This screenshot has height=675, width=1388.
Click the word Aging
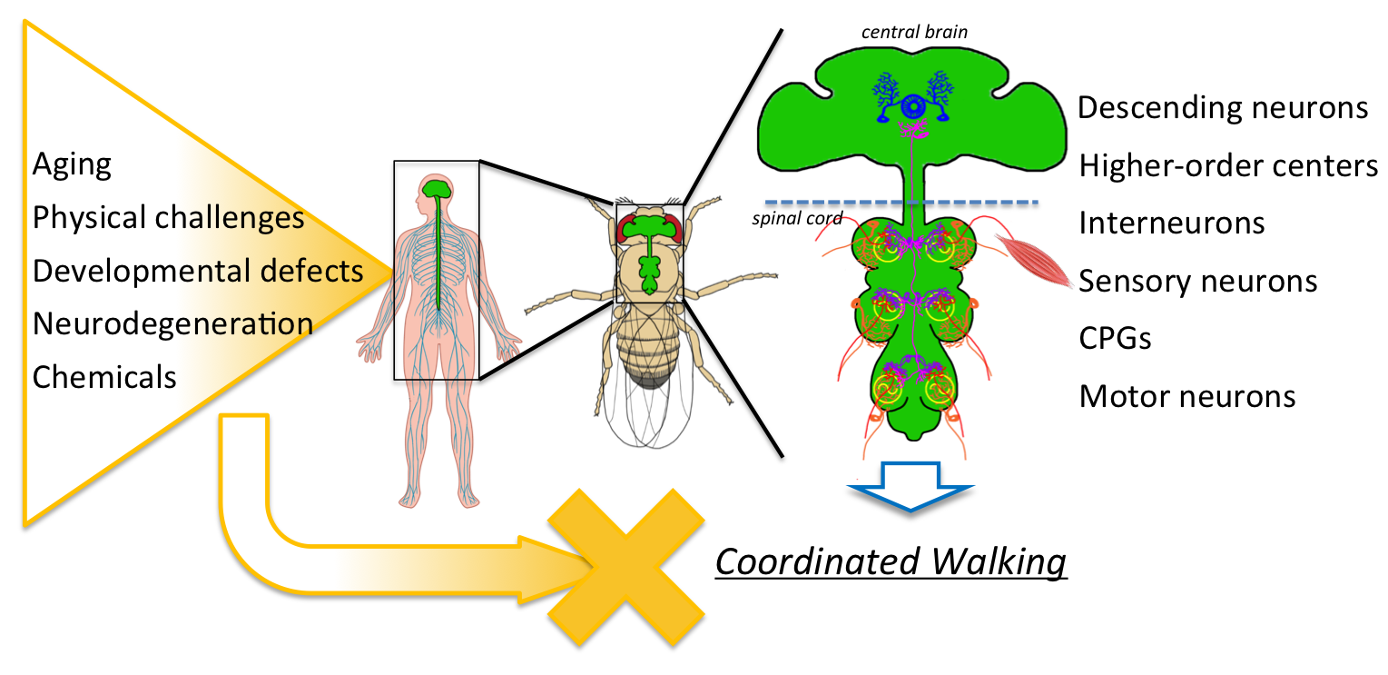[72, 165]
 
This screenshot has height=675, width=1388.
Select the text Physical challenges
[168, 218]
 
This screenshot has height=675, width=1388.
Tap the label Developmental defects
[198, 271]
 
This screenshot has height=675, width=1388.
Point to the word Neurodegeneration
[172, 323]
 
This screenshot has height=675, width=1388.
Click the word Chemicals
[104, 376]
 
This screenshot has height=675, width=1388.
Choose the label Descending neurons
[1223, 108]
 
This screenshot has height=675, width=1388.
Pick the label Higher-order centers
[1228, 166]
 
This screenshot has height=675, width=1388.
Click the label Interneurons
[1171, 223]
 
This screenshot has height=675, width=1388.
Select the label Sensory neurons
[1197, 281]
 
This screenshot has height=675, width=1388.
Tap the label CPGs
[1116, 338]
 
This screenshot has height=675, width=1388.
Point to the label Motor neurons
[1186, 396]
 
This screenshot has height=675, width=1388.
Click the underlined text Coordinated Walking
[891, 562]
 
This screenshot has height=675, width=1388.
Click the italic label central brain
[914, 33]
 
